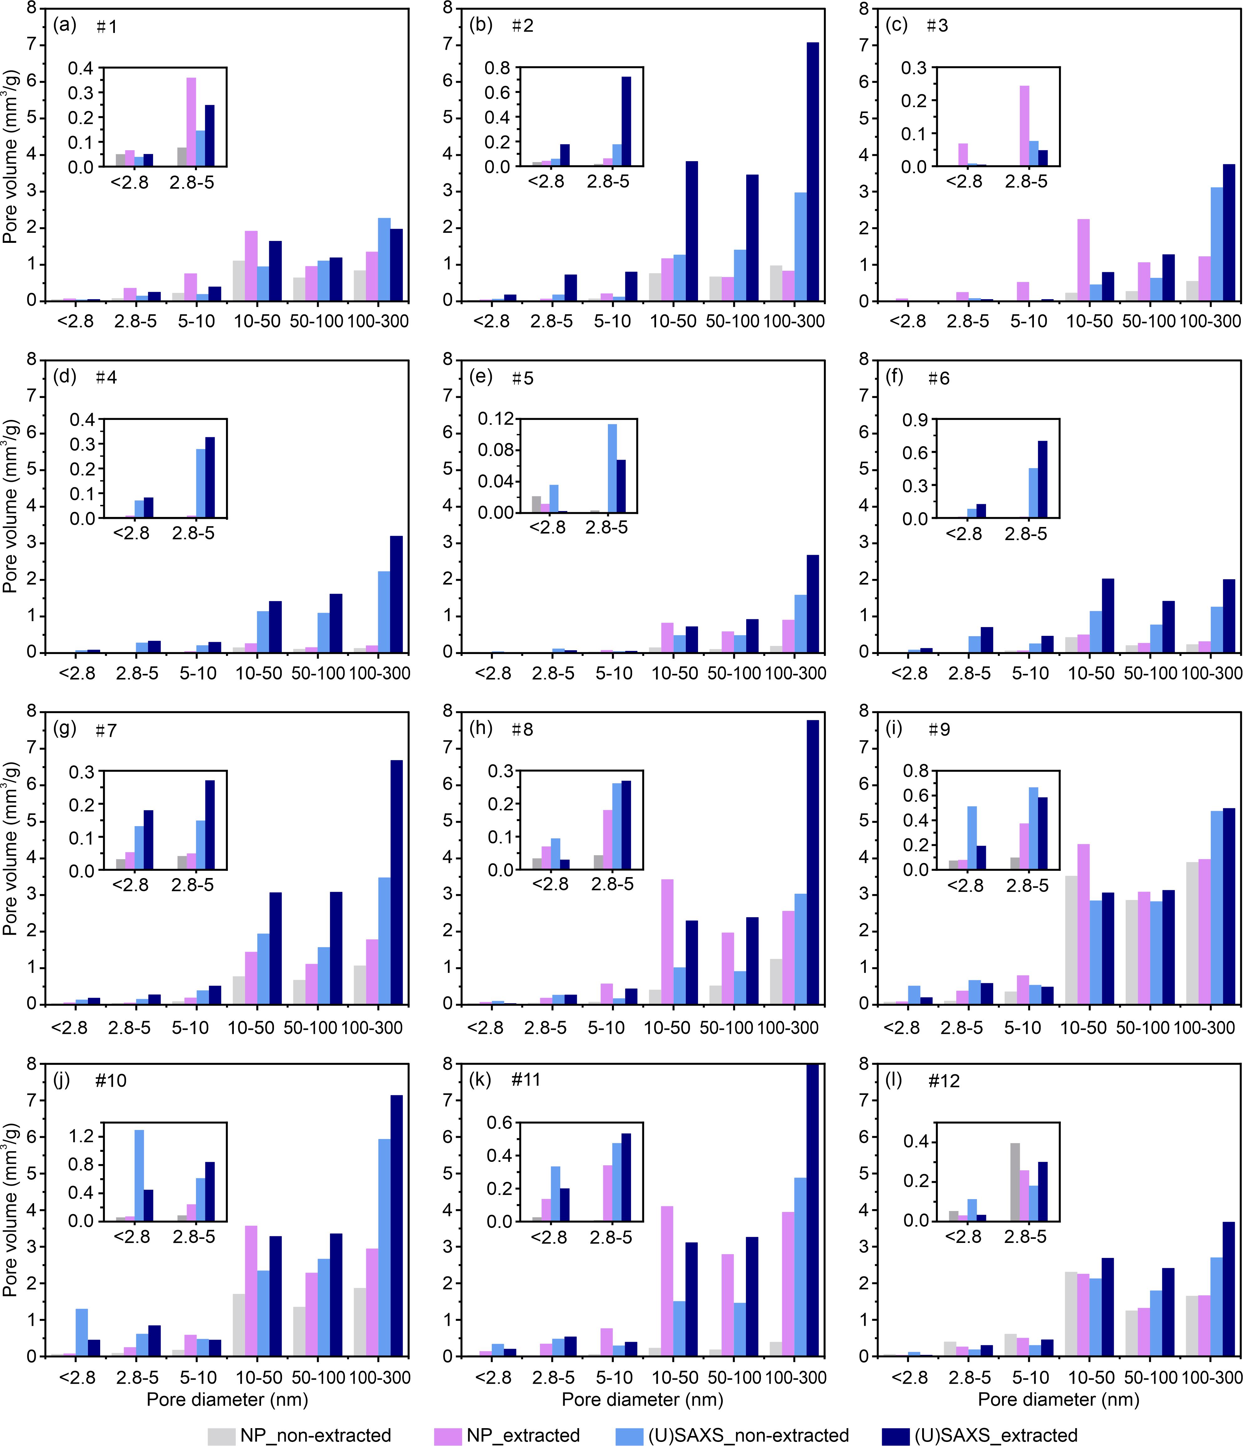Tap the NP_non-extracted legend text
(x=316, y=1435)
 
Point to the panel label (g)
(x=64, y=729)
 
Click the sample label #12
(x=943, y=1081)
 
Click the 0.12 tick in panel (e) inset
(x=495, y=419)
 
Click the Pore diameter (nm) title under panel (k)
(x=642, y=1398)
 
